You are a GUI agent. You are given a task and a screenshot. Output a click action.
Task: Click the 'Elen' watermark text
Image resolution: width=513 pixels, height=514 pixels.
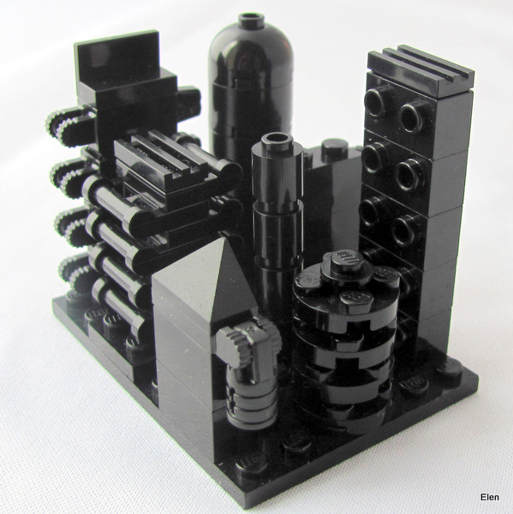[x=490, y=497]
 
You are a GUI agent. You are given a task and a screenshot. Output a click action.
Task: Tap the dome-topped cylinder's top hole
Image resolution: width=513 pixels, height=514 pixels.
[x=252, y=16]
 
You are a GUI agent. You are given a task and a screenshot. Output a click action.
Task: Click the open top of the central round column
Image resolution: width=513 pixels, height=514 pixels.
[x=277, y=139]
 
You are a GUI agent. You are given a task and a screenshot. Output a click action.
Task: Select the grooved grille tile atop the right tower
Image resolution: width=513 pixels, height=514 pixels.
[x=421, y=70]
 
